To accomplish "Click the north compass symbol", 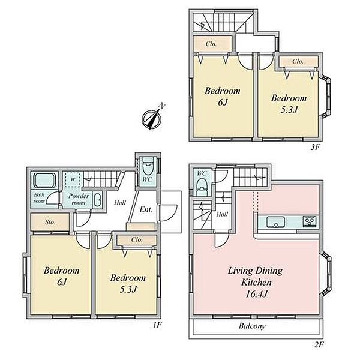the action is [152, 118].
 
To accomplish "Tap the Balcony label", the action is [252, 326].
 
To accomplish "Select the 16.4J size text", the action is [256, 293].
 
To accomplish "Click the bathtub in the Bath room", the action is [45, 181].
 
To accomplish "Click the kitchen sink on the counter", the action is [275, 222].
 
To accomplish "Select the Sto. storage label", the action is [50, 222].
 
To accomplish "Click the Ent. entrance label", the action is [146, 209].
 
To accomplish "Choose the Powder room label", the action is [79, 199].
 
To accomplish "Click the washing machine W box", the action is [73, 180].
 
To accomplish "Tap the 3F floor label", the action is [315, 147].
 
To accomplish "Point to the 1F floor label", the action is [157, 325].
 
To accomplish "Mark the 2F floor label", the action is [318, 344].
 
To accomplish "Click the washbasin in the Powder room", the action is [97, 200].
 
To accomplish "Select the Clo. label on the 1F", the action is [137, 240].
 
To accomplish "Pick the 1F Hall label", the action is [120, 203].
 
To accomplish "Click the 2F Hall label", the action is [222, 214].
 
